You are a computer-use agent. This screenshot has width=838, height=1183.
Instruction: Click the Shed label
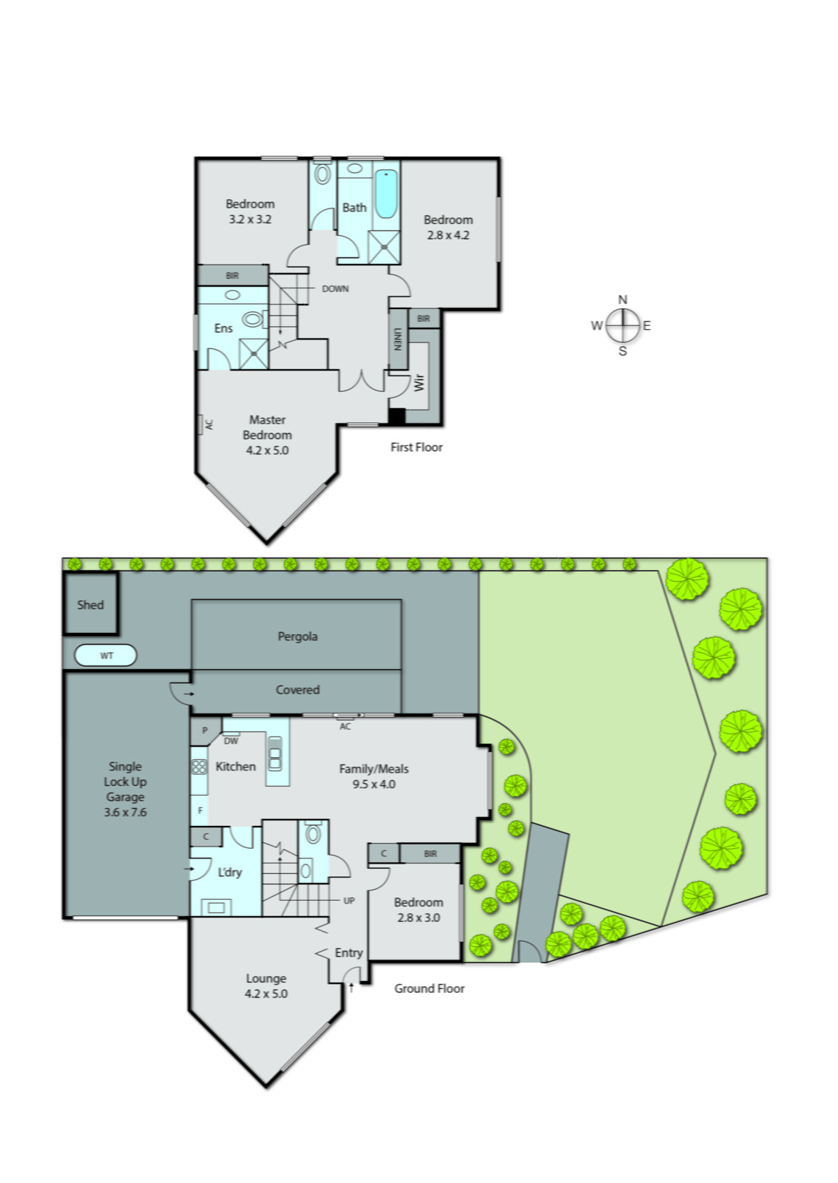[x=90, y=605]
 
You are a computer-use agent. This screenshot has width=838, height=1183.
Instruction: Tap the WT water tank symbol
[x=107, y=656]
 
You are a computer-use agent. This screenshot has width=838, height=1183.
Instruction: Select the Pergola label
[x=297, y=637]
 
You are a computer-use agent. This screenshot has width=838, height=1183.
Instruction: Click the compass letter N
[x=623, y=299]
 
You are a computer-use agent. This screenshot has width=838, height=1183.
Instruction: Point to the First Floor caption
[x=416, y=447]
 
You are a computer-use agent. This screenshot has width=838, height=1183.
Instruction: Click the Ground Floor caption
[x=429, y=989]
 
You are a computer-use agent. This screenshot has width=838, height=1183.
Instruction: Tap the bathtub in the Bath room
[x=385, y=194]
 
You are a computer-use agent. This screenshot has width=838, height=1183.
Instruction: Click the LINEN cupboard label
[x=398, y=339]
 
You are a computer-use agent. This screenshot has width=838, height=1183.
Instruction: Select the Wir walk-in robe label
[x=419, y=382]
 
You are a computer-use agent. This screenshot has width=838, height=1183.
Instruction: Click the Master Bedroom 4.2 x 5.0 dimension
[x=267, y=450]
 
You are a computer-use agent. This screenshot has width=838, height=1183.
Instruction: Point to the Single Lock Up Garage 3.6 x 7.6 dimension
[x=125, y=812]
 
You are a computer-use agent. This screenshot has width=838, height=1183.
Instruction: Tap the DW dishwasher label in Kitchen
[x=231, y=741]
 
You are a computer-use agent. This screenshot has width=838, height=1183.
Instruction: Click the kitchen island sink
[x=274, y=754]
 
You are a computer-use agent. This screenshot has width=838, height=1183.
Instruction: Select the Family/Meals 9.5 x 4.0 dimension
[x=374, y=784]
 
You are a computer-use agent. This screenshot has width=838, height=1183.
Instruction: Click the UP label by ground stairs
[x=349, y=901]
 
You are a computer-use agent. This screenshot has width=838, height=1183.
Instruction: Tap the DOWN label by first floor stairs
[x=335, y=289]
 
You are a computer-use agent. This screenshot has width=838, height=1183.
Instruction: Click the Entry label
[x=348, y=953]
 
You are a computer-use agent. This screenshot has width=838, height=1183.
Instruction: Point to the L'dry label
[x=229, y=872]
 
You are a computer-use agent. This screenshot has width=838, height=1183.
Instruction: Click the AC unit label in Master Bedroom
[x=209, y=425]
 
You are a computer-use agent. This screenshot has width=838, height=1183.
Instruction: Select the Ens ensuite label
[x=223, y=328]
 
